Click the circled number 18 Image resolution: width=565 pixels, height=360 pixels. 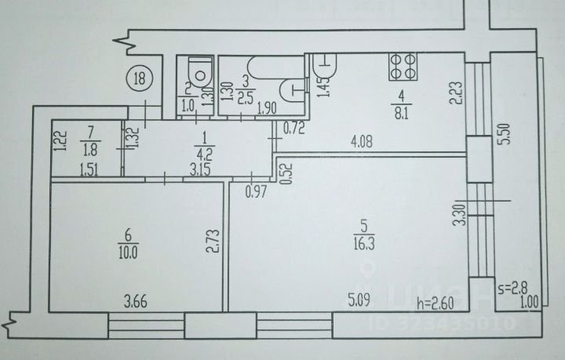140,78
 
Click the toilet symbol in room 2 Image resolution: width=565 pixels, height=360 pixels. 200,74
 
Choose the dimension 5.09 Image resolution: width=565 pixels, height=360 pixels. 359,298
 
